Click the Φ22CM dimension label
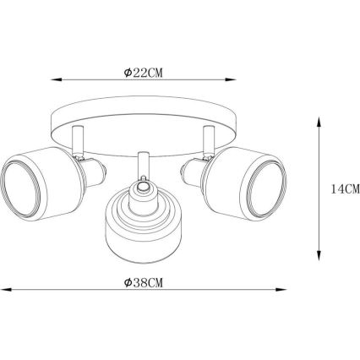(x=143, y=73)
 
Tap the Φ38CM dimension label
(x=144, y=282)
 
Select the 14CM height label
(x=346, y=189)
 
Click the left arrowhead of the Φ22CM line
(x=56, y=79)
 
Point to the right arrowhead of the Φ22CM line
(x=231, y=79)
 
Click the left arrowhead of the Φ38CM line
(x=6, y=289)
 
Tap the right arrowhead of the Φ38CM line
(x=281, y=289)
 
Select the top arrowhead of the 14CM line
(x=319, y=121)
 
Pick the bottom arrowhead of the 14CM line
(x=319, y=255)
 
